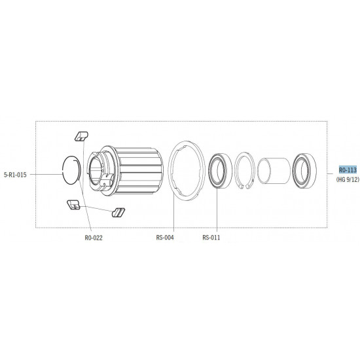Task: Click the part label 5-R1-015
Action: (15, 175)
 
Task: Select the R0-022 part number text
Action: (94, 238)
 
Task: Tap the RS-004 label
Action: (165, 238)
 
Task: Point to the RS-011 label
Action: (211, 238)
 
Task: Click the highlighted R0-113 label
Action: (348, 170)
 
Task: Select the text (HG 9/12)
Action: (348, 179)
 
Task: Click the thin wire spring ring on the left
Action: (63, 170)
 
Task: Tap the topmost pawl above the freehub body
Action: (82, 136)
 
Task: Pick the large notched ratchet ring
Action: (170, 170)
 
